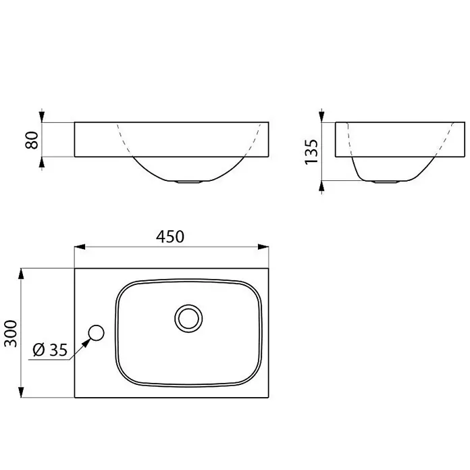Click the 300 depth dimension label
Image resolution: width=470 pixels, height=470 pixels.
[x=11, y=334]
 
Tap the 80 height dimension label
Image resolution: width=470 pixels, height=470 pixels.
[x=32, y=140]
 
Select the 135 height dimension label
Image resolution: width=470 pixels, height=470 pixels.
[x=311, y=151]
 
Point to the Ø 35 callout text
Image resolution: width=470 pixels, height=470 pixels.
[x=50, y=350]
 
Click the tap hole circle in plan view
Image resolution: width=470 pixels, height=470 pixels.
[x=96, y=333]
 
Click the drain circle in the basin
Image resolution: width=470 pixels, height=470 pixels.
[x=188, y=318]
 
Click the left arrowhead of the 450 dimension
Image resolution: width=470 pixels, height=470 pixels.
[x=80, y=246]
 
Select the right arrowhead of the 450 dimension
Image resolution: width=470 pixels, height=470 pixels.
[x=263, y=246]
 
